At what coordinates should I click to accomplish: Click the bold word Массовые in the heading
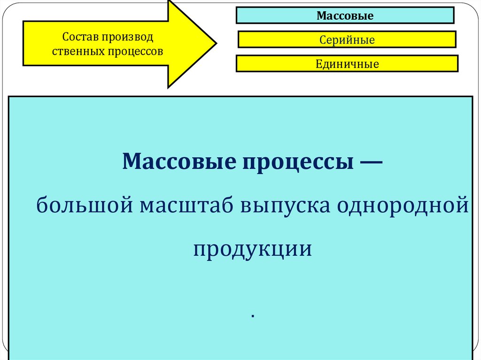(179, 162)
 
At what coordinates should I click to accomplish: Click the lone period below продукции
(252, 317)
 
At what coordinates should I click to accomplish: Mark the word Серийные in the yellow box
(347, 40)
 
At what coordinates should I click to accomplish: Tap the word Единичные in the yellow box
(347, 64)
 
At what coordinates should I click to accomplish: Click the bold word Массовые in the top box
(345, 16)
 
